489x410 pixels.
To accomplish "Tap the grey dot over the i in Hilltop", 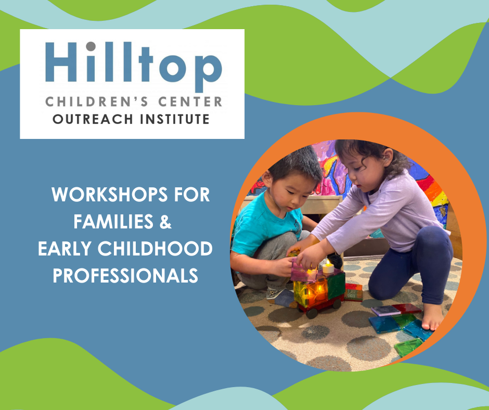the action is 91,46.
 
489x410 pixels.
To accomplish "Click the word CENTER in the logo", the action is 190,102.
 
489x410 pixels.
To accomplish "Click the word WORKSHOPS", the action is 109,195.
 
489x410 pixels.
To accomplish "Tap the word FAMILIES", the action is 113,222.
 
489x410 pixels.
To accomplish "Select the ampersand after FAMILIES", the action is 165,222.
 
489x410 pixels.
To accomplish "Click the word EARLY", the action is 65,249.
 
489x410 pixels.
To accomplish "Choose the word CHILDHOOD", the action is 155,249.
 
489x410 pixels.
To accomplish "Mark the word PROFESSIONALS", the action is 125,276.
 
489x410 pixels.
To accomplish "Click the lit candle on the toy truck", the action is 328,267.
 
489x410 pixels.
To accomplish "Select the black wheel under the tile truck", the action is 312,313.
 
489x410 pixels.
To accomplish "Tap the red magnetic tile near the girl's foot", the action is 407,309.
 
